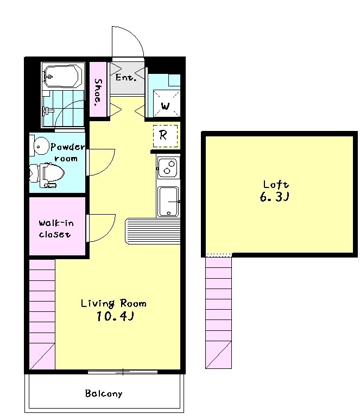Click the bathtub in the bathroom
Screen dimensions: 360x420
coord(63,76)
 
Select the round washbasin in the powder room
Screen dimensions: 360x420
coord(40,146)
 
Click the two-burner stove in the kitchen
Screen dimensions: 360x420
coord(167,168)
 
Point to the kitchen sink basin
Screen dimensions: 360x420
coord(168,202)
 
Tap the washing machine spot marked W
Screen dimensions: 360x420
coord(166,106)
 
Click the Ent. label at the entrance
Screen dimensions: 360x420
coord(126,78)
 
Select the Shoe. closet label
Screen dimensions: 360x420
coord(98,92)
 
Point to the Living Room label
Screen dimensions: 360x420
coord(113,303)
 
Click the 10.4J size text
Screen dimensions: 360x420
coord(115,316)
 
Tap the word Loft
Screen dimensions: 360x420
coord(276,184)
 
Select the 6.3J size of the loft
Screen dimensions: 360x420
coord(274,197)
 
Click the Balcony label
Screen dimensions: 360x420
coord(104,393)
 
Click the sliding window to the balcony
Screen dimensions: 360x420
coord(123,372)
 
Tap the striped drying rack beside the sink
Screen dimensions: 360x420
coord(153,231)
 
